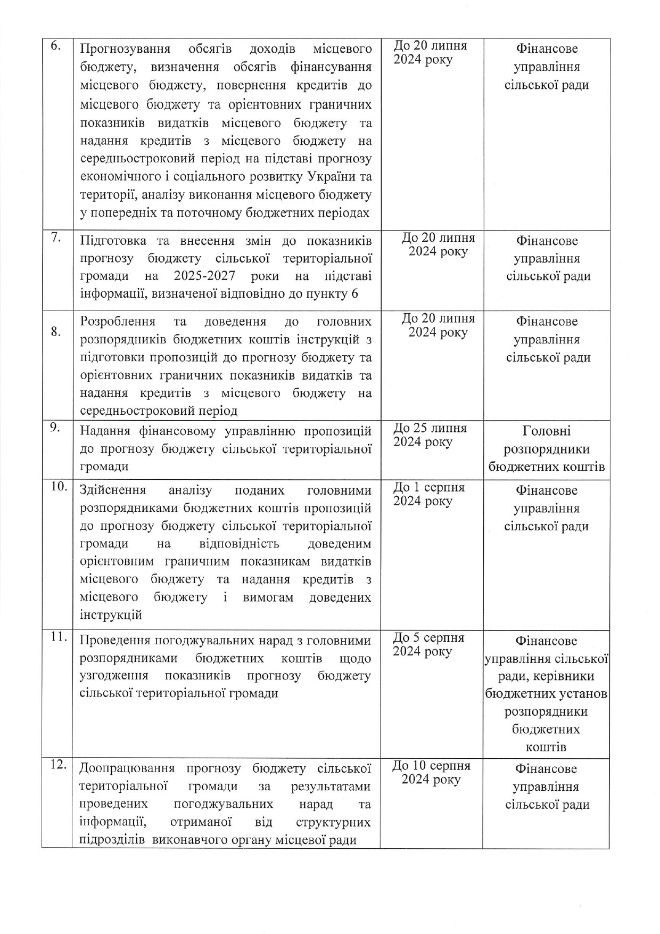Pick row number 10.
[57, 486]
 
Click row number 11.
[57, 637]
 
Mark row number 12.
[57, 765]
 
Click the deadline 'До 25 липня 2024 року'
[430, 435]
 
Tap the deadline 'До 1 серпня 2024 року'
[429, 494]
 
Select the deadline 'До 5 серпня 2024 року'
[428, 644]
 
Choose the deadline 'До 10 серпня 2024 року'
[431, 773]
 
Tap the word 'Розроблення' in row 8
[118, 322]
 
